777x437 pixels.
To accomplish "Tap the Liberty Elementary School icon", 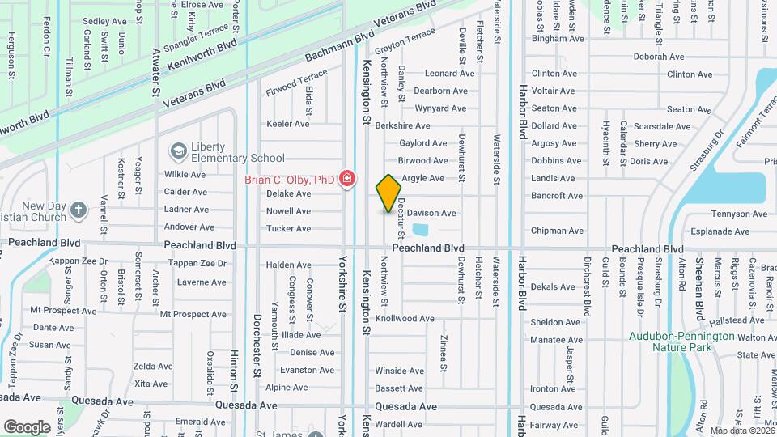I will (177, 151).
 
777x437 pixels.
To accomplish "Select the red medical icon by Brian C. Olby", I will (347, 178).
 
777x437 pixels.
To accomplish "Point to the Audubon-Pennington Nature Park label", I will (682, 342).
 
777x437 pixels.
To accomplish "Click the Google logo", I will (27, 426).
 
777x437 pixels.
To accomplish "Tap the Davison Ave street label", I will (437, 213).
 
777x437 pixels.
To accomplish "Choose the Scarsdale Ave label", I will (662, 126).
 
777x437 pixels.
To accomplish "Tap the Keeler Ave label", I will (288, 124).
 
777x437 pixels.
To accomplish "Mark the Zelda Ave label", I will (153, 366).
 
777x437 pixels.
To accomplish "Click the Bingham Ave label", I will (558, 38).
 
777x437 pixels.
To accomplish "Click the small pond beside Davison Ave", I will (419, 229).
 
